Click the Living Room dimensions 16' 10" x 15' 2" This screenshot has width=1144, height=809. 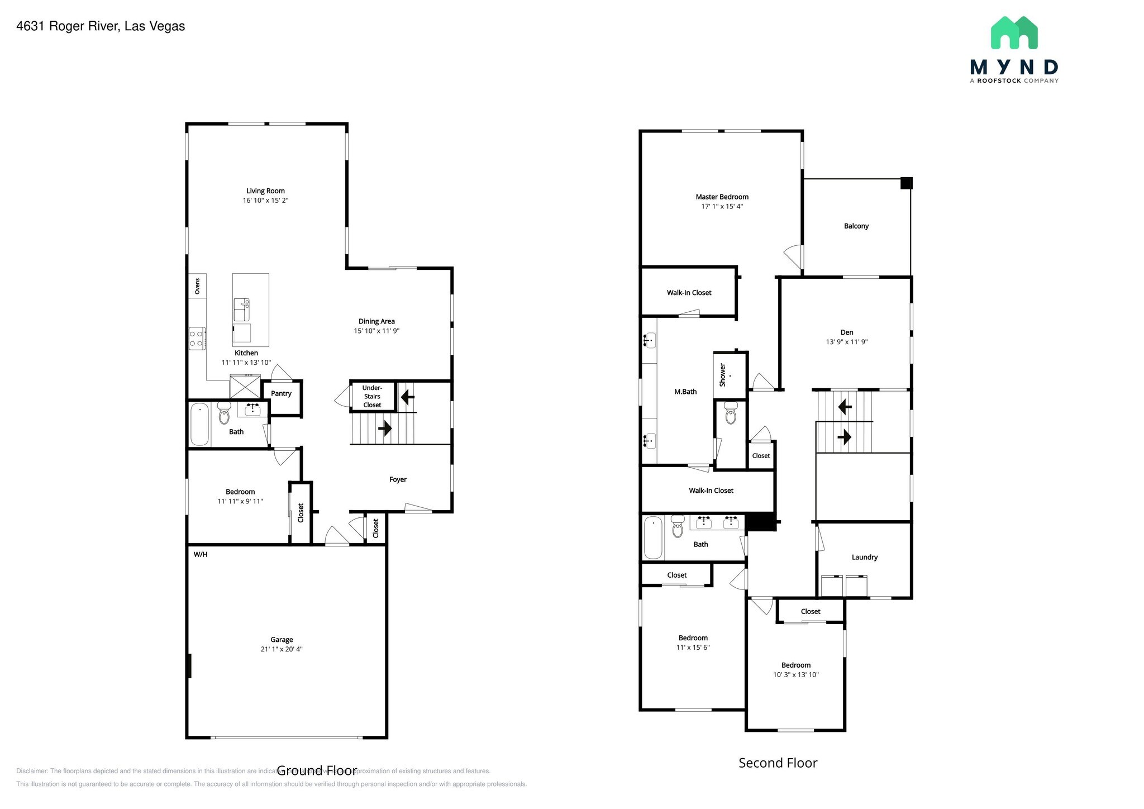pos(265,201)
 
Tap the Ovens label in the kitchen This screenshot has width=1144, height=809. pos(197,286)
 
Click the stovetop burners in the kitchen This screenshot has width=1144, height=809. pos(197,339)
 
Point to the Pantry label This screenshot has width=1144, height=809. pos(281,393)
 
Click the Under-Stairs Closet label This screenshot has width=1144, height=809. pos(372,396)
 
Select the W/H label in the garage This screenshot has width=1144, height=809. pos(201,554)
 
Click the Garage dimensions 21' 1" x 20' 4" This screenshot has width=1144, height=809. pos(282,649)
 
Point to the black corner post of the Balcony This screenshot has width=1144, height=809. pos(906,183)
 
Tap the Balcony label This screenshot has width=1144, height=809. pos(856,226)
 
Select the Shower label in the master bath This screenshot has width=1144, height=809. pos(722,375)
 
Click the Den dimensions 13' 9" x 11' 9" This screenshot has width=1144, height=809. pos(846,342)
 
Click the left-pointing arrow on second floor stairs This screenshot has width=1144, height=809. pos(845,407)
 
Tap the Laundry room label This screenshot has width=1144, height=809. pos(864,557)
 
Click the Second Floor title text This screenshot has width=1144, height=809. pos(778,763)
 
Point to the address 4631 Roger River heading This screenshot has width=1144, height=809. pos(101,26)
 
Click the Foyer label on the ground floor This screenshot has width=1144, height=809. pos(398,479)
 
